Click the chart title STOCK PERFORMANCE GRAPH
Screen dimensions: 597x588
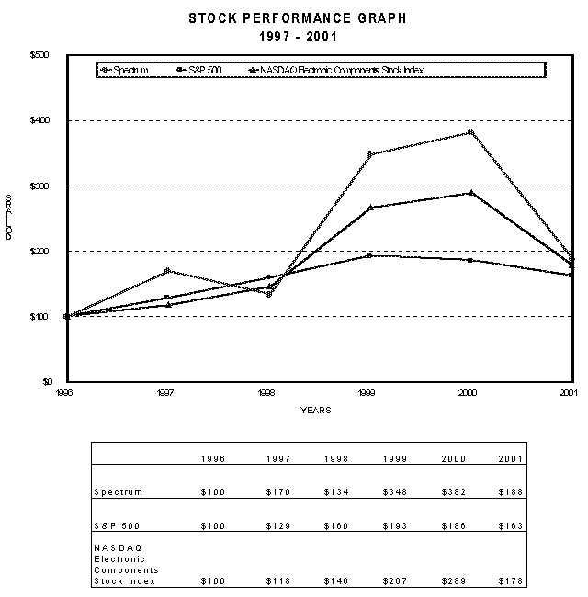pyautogui.click(x=297, y=17)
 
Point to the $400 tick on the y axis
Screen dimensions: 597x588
pyautogui.click(x=43, y=120)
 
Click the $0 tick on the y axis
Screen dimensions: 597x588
pyautogui.click(x=47, y=381)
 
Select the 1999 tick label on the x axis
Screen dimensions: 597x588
pyautogui.click(x=368, y=391)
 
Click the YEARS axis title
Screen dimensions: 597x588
pyautogui.click(x=316, y=410)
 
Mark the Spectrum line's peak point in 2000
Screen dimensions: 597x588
pyautogui.click(x=469, y=132)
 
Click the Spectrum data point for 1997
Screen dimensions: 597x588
pyautogui.click(x=167, y=271)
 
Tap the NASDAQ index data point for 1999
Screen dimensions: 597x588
pyautogui.click(x=368, y=208)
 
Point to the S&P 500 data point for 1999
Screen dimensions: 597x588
pyautogui.click(x=368, y=255)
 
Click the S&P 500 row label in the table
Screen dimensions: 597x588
pyautogui.click(x=115, y=526)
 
